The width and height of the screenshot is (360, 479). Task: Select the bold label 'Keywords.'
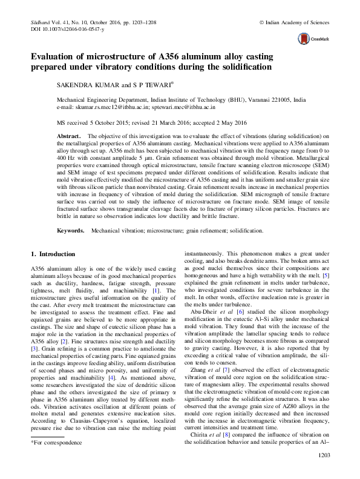tap(71, 231)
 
